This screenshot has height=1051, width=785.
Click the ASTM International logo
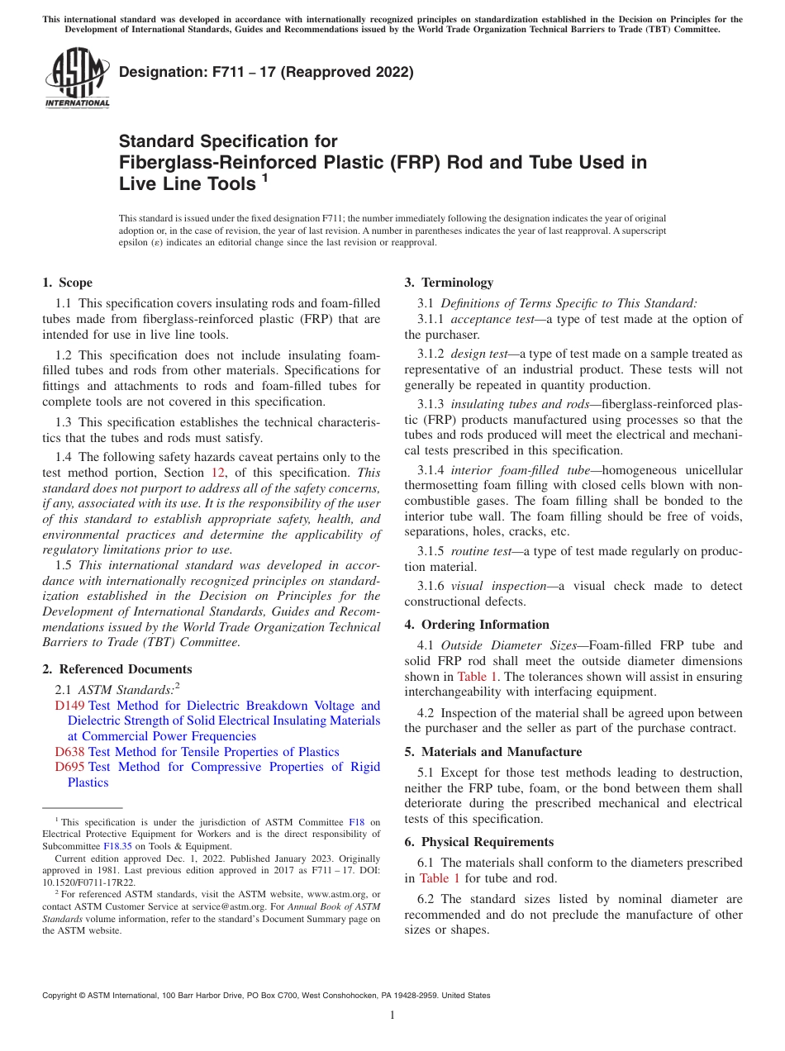(76, 78)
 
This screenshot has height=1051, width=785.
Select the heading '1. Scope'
(68, 283)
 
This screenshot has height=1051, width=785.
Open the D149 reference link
(70, 706)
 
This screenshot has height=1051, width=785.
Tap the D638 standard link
(70, 752)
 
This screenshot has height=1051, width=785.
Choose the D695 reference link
(70, 767)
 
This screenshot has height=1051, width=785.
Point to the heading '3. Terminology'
(449, 283)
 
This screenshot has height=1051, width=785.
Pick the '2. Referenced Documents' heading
(117, 669)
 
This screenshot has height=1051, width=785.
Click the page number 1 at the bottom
(392, 1015)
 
